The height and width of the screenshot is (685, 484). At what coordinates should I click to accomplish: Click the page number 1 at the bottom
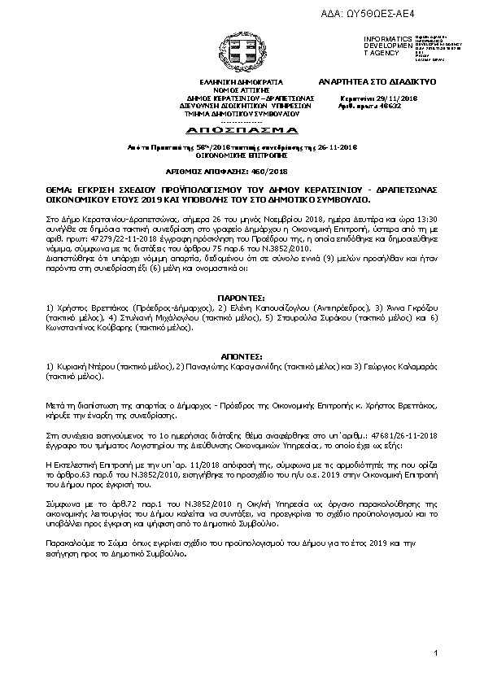(437, 653)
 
